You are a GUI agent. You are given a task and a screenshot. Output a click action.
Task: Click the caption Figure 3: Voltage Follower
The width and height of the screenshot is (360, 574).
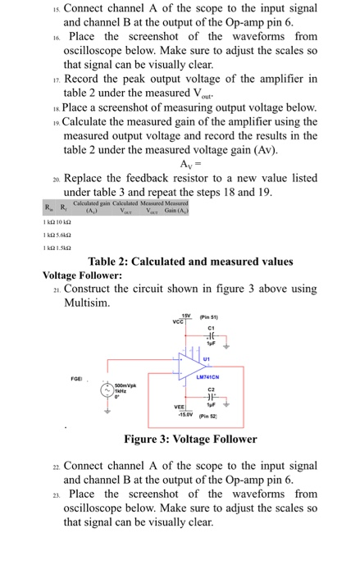click(180, 439)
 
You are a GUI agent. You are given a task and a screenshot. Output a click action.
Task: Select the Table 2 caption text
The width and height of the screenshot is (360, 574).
click(190, 262)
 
